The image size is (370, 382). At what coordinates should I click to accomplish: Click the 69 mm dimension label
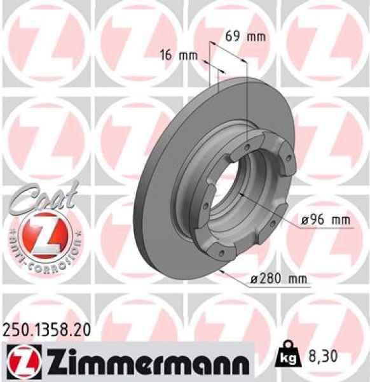click(247, 36)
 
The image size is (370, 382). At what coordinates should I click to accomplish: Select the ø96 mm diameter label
click(325, 221)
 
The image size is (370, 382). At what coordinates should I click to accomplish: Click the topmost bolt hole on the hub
click(247, 147)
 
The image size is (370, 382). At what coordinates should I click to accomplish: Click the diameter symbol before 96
click(303, 221)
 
